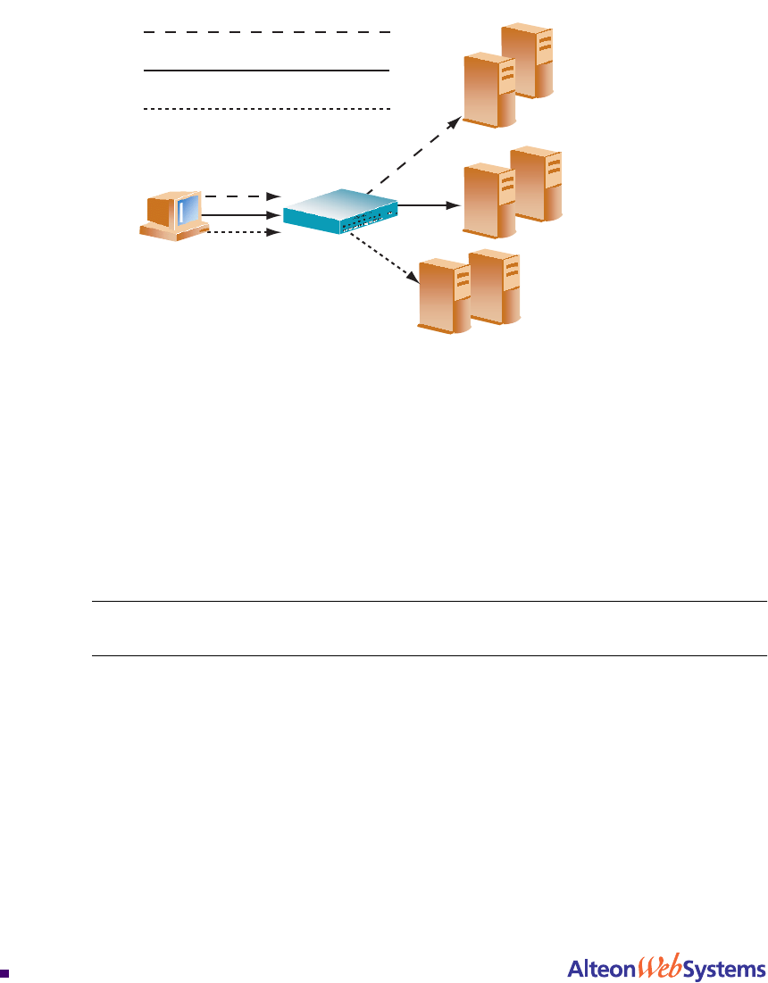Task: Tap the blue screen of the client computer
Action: (188, 211)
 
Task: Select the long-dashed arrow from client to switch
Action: (243, 196)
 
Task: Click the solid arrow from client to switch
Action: (243, 214)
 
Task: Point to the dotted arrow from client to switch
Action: (243, 233)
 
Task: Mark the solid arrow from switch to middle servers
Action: (427, 204)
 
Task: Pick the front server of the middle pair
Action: (488, 200)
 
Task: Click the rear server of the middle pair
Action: (539, 183)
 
